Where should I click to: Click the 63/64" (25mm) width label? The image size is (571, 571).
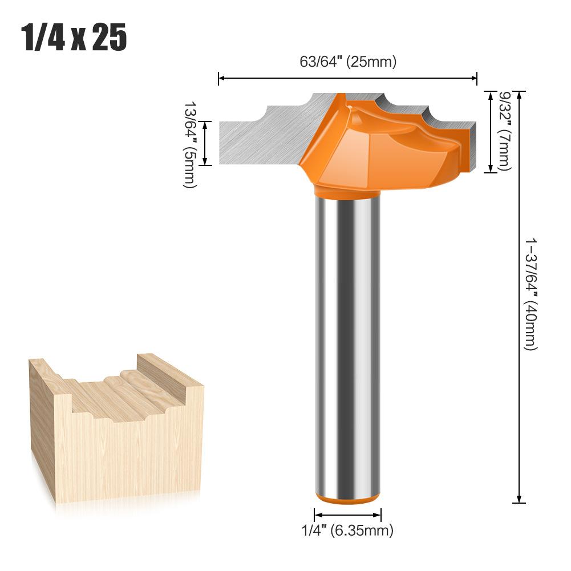click(x=347, y=62)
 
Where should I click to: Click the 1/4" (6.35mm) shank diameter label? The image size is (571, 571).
click(x=347, y=530)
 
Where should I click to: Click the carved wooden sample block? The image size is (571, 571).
click(x=114, y=434)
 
